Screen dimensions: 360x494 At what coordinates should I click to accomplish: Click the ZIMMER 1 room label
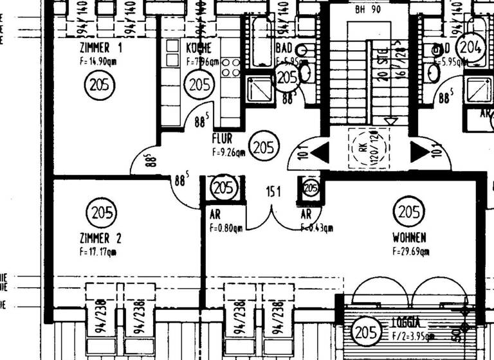[101, 48]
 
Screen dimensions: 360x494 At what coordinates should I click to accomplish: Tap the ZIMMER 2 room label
[100, 239]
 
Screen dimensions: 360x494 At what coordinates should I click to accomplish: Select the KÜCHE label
[199, 48]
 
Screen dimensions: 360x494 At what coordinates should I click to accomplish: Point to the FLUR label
[222, 138]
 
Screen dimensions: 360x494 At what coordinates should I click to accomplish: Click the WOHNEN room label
[409, 238]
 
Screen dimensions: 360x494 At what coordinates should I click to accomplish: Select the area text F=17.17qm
[98, 252]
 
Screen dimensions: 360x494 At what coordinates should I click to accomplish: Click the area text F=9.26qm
[228, 152]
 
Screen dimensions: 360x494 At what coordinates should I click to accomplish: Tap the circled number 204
[470, 46]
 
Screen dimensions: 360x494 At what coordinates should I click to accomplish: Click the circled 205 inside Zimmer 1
[100, 84]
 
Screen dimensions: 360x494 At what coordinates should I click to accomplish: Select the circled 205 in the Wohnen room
[409, 212]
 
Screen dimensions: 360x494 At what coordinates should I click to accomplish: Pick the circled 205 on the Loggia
[365, 333]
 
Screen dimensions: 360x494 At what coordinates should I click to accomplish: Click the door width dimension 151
[274, 191]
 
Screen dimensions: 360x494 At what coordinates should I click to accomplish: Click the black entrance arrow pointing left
[320, 152]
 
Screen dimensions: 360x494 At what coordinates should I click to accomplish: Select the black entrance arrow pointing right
[419, 152]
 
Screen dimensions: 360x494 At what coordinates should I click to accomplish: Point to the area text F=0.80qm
[225, 227]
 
